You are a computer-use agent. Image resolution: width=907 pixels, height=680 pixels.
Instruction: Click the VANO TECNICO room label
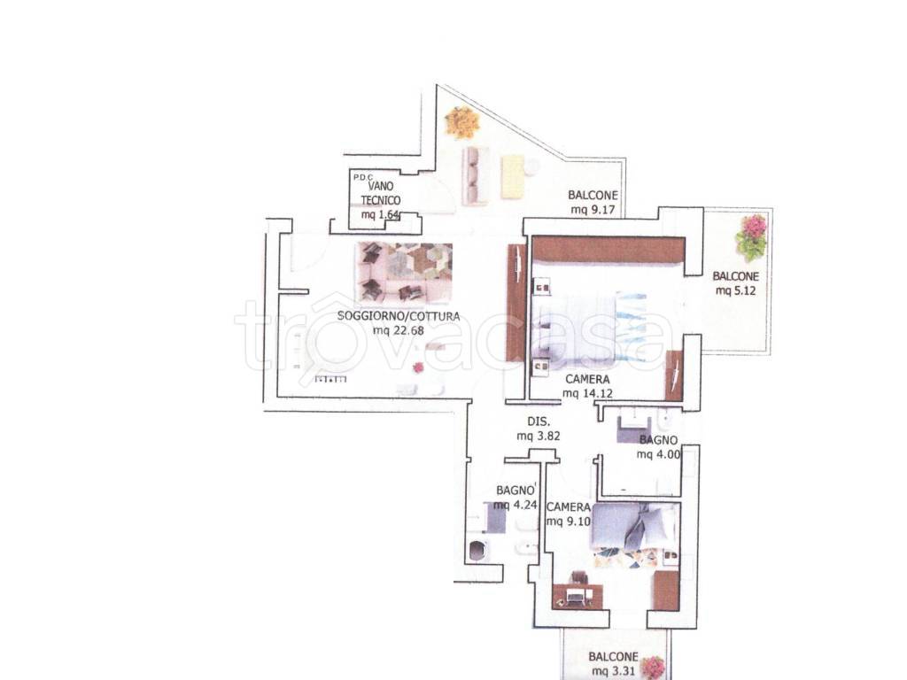tap(381, 193)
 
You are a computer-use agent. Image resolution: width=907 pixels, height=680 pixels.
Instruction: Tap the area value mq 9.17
tap(593, 210)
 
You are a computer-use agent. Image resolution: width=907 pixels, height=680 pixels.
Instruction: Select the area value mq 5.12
tap(736, 290)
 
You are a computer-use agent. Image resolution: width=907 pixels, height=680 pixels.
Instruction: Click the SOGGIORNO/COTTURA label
tap(399, 316)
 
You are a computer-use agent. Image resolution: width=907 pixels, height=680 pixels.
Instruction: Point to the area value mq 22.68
tap(399, 331)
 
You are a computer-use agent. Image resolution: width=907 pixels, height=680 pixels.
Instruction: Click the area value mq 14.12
tap(588, 394)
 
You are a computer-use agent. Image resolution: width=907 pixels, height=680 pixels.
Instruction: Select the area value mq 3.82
tap(539, 437)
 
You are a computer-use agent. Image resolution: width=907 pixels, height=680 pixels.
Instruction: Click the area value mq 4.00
tap(658, 454)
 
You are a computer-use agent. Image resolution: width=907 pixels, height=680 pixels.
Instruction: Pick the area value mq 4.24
tap(516, 505)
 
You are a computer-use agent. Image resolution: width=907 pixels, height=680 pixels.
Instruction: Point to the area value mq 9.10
tap(569, 522)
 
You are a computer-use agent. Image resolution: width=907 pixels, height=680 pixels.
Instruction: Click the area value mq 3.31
tap(614, 671)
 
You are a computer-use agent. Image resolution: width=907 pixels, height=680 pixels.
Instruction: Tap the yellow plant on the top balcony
tap(462, 122)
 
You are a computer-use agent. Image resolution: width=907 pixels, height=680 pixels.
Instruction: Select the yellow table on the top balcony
tap(513, 177)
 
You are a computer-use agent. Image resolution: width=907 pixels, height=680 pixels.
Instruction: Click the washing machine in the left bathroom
tap(477, 551)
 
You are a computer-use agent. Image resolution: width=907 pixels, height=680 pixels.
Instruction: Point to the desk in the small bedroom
tap(578, 597)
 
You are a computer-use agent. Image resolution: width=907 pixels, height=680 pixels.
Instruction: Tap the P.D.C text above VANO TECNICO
tap(362, 177)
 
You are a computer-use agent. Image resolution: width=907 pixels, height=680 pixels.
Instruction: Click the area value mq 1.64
tap(380, 215)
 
